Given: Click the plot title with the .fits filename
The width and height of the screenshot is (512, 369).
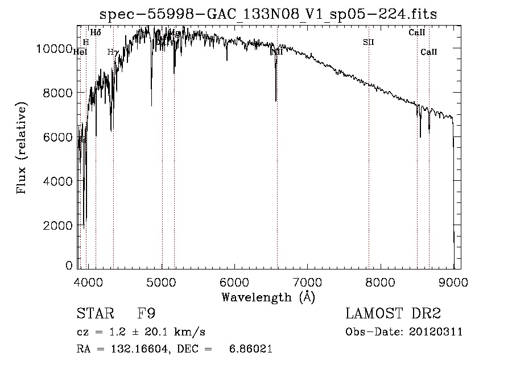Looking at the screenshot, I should (x=269, y=14).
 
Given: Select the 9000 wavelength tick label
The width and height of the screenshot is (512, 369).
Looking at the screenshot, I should (x=453, y=281).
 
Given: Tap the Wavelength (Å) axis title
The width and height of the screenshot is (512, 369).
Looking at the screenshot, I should (x=268, y=297).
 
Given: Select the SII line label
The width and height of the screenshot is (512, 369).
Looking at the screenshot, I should (x=368, y=42).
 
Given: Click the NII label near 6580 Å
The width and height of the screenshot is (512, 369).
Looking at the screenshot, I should (x=276, y=52).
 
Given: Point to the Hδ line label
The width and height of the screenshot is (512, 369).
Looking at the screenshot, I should (x=96, y=32).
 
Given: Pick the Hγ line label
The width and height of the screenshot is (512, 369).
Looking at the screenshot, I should (x=113, y=52).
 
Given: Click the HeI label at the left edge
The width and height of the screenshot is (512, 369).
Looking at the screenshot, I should (x=80, y=52).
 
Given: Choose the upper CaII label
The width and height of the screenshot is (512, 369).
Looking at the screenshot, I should (x=417, y=32).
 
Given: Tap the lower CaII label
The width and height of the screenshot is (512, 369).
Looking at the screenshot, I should (x=429, y=52).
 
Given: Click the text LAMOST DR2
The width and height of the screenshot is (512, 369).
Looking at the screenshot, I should (x=393, y=314).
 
